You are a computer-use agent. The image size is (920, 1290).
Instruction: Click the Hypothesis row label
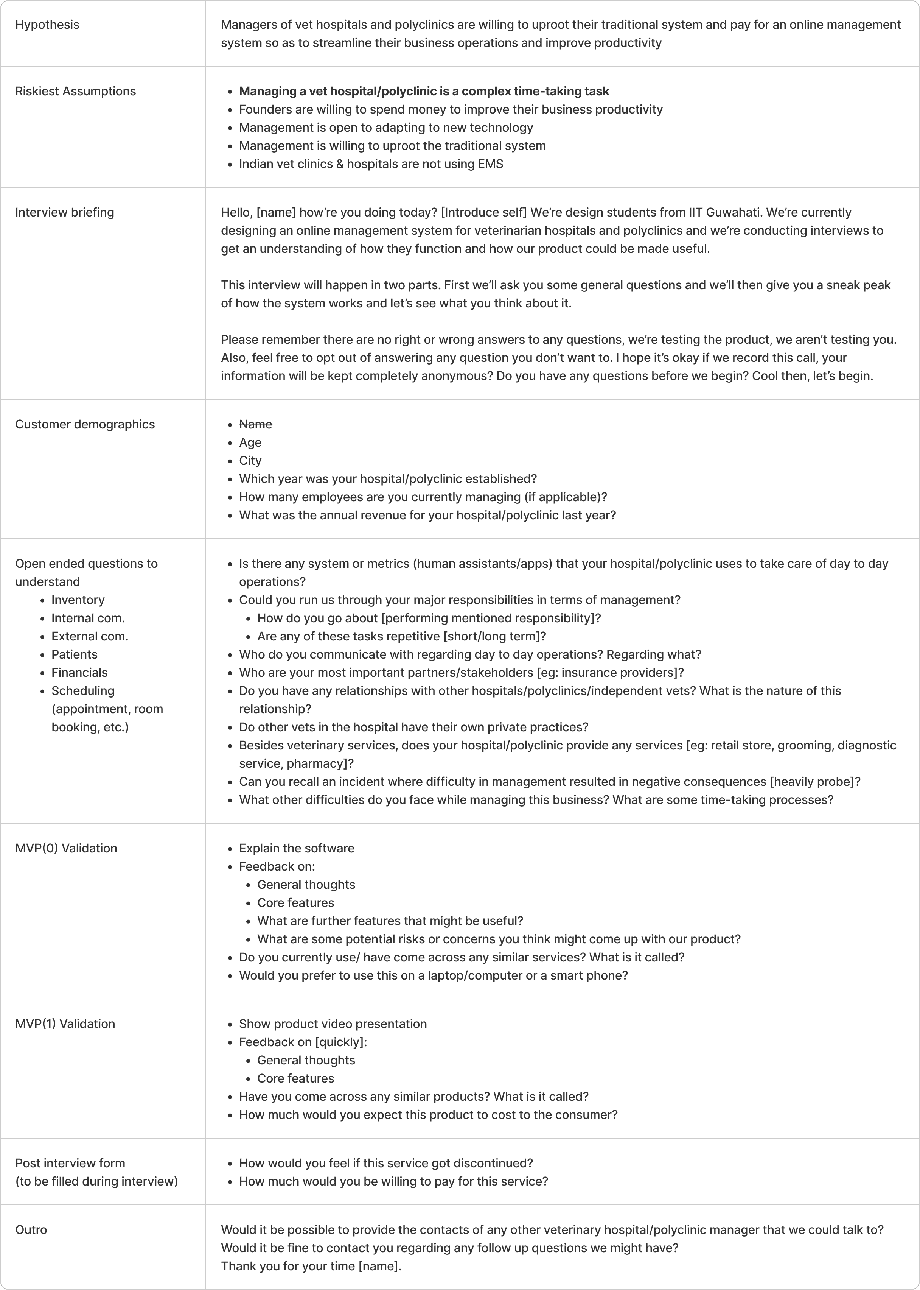(47, 25)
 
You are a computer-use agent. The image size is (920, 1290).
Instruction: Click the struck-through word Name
(255, 425)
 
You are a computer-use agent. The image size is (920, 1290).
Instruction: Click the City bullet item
(250, 461)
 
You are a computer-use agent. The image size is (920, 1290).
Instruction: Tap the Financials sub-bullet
(79, 673)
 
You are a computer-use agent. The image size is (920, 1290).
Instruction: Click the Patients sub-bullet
(74, 654)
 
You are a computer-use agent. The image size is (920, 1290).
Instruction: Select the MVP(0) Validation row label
(66, 849)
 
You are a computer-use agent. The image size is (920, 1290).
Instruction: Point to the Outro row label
(31, 1230)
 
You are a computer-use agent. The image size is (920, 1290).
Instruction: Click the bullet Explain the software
(296, 849)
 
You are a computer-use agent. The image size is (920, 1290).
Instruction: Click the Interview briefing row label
(65, 213)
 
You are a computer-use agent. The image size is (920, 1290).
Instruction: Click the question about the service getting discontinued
(386, 1164)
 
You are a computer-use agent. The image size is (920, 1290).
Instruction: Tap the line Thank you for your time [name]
(311, 1266)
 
